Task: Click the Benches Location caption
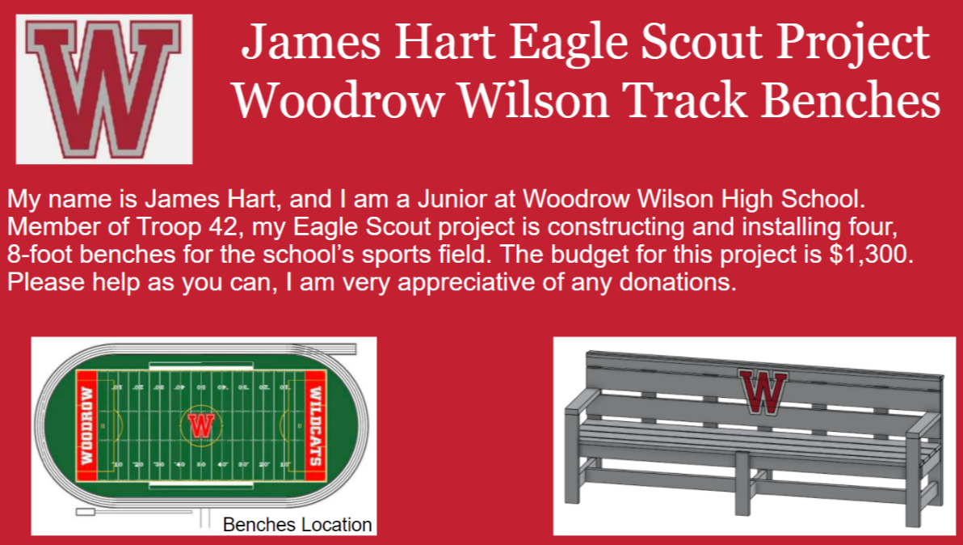coord(297,524)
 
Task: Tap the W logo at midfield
coord(201,425)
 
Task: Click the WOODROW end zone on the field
coord(87,425)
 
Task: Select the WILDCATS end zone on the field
coord(314,425)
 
